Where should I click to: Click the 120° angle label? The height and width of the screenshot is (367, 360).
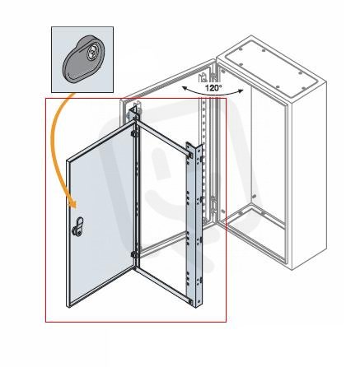213,88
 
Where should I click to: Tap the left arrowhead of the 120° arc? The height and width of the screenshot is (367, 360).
185,88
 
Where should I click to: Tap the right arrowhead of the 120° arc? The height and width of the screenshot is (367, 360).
241,91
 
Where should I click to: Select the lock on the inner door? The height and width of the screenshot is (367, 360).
77,227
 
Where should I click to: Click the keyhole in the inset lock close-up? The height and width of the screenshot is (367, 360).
91,52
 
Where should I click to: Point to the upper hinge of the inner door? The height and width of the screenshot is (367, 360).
134,134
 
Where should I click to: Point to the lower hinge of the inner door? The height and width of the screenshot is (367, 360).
134,254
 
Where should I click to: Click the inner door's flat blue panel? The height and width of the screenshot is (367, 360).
101,216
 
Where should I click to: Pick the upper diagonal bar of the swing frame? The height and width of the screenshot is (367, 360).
162,137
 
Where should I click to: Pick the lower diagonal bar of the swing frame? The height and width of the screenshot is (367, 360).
164,286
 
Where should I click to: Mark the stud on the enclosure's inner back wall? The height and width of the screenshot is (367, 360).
254,197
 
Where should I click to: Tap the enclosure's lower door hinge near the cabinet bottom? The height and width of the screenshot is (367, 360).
213,204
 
